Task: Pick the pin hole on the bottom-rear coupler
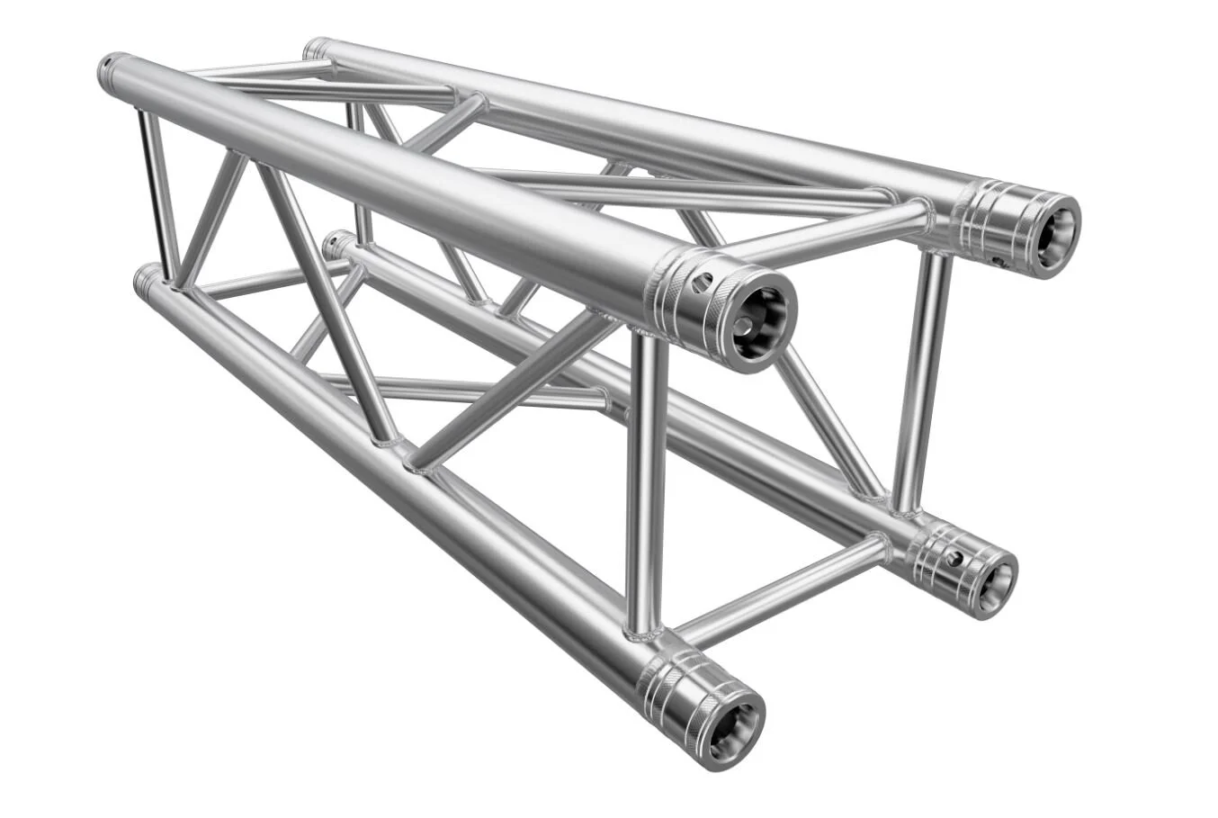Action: (x=953, y=559)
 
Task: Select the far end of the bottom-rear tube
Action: (x=338, y=244)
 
